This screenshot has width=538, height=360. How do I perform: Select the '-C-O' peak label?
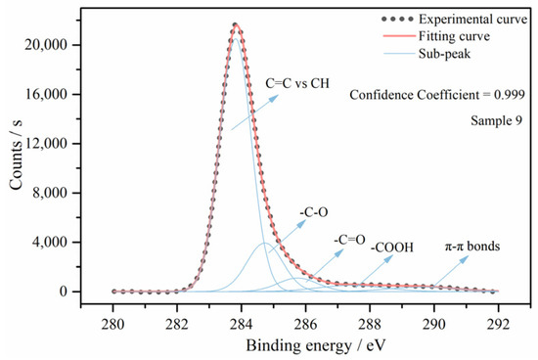312,210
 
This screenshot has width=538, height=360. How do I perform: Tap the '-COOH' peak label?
392,248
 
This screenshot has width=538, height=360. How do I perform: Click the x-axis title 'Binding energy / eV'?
304,345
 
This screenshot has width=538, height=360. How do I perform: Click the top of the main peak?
235,24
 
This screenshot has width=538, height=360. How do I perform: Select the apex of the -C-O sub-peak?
263,243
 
